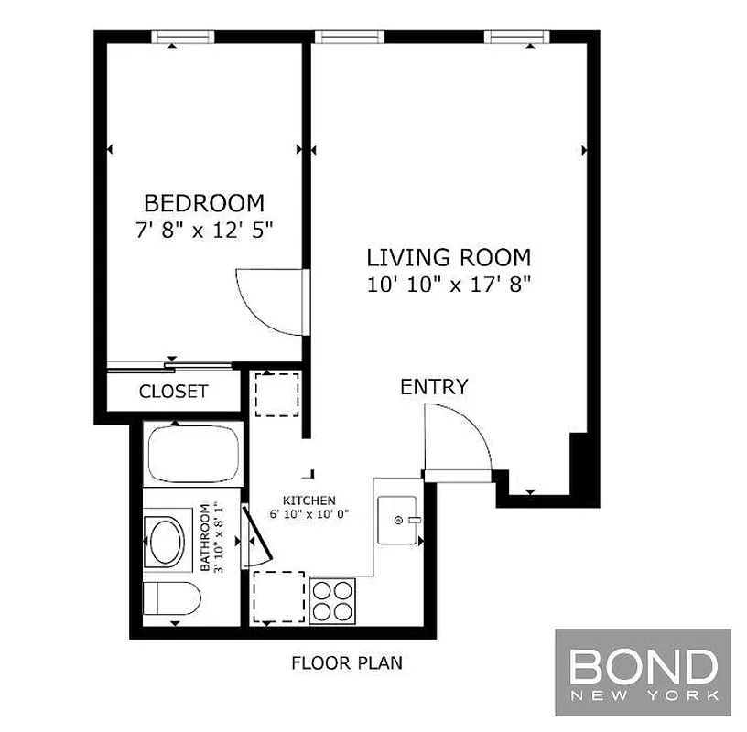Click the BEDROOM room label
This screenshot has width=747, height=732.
tap(204, 202)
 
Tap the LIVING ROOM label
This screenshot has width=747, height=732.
tap(449, 257)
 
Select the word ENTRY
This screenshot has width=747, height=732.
tap(434, 386)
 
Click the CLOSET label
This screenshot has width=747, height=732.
tap(174, 392)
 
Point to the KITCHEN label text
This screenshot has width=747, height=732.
tap(309, 501)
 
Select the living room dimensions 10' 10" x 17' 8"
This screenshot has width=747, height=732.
tap(449, 284)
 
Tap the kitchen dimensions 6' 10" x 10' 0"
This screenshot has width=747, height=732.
tap(309, 514)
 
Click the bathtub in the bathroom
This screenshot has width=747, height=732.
tap(194, 455)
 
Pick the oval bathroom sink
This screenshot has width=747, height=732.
tap(166, 541)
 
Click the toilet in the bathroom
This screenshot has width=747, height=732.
tap(174, 599)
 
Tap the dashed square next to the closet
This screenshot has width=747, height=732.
tap(276, 393)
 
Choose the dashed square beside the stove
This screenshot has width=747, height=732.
tap(278, 596)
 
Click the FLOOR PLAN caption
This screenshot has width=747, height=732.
tap(346, 663)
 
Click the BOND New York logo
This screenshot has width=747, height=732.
tap(643, 672)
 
